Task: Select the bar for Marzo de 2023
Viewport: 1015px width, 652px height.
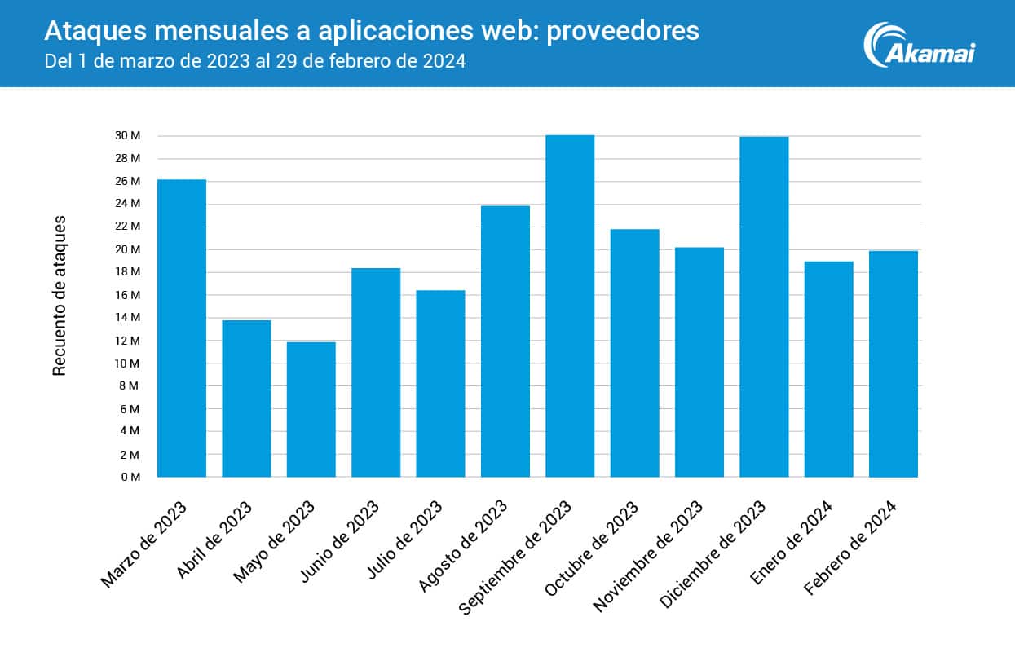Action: (181, 328)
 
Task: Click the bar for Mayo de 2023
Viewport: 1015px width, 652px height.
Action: (311, 409)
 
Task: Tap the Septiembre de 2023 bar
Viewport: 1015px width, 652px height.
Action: (570, 306)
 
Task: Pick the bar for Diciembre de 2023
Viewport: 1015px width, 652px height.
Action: (764, 306)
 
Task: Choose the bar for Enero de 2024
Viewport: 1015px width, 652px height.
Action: (828, 368)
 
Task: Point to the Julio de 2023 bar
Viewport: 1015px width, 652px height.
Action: (440, 383)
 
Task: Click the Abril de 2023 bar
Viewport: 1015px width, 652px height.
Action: (246, 398)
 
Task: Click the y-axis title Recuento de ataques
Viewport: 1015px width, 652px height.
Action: (60, 296)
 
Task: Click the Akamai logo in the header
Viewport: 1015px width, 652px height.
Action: (920, 45)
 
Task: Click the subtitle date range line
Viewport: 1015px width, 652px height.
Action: (254, 61)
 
